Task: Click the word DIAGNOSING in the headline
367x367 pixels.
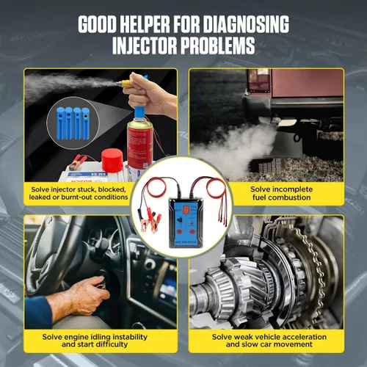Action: [246, 24]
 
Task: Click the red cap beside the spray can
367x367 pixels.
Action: [112, 161]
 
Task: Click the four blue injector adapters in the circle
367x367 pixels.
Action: [73, 123]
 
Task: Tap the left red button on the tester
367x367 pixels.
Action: [179, 232]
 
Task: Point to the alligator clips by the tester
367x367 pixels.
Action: [150, 219]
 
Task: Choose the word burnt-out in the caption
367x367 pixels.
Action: [76, 197]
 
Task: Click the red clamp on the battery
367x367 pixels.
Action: [78, 161]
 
